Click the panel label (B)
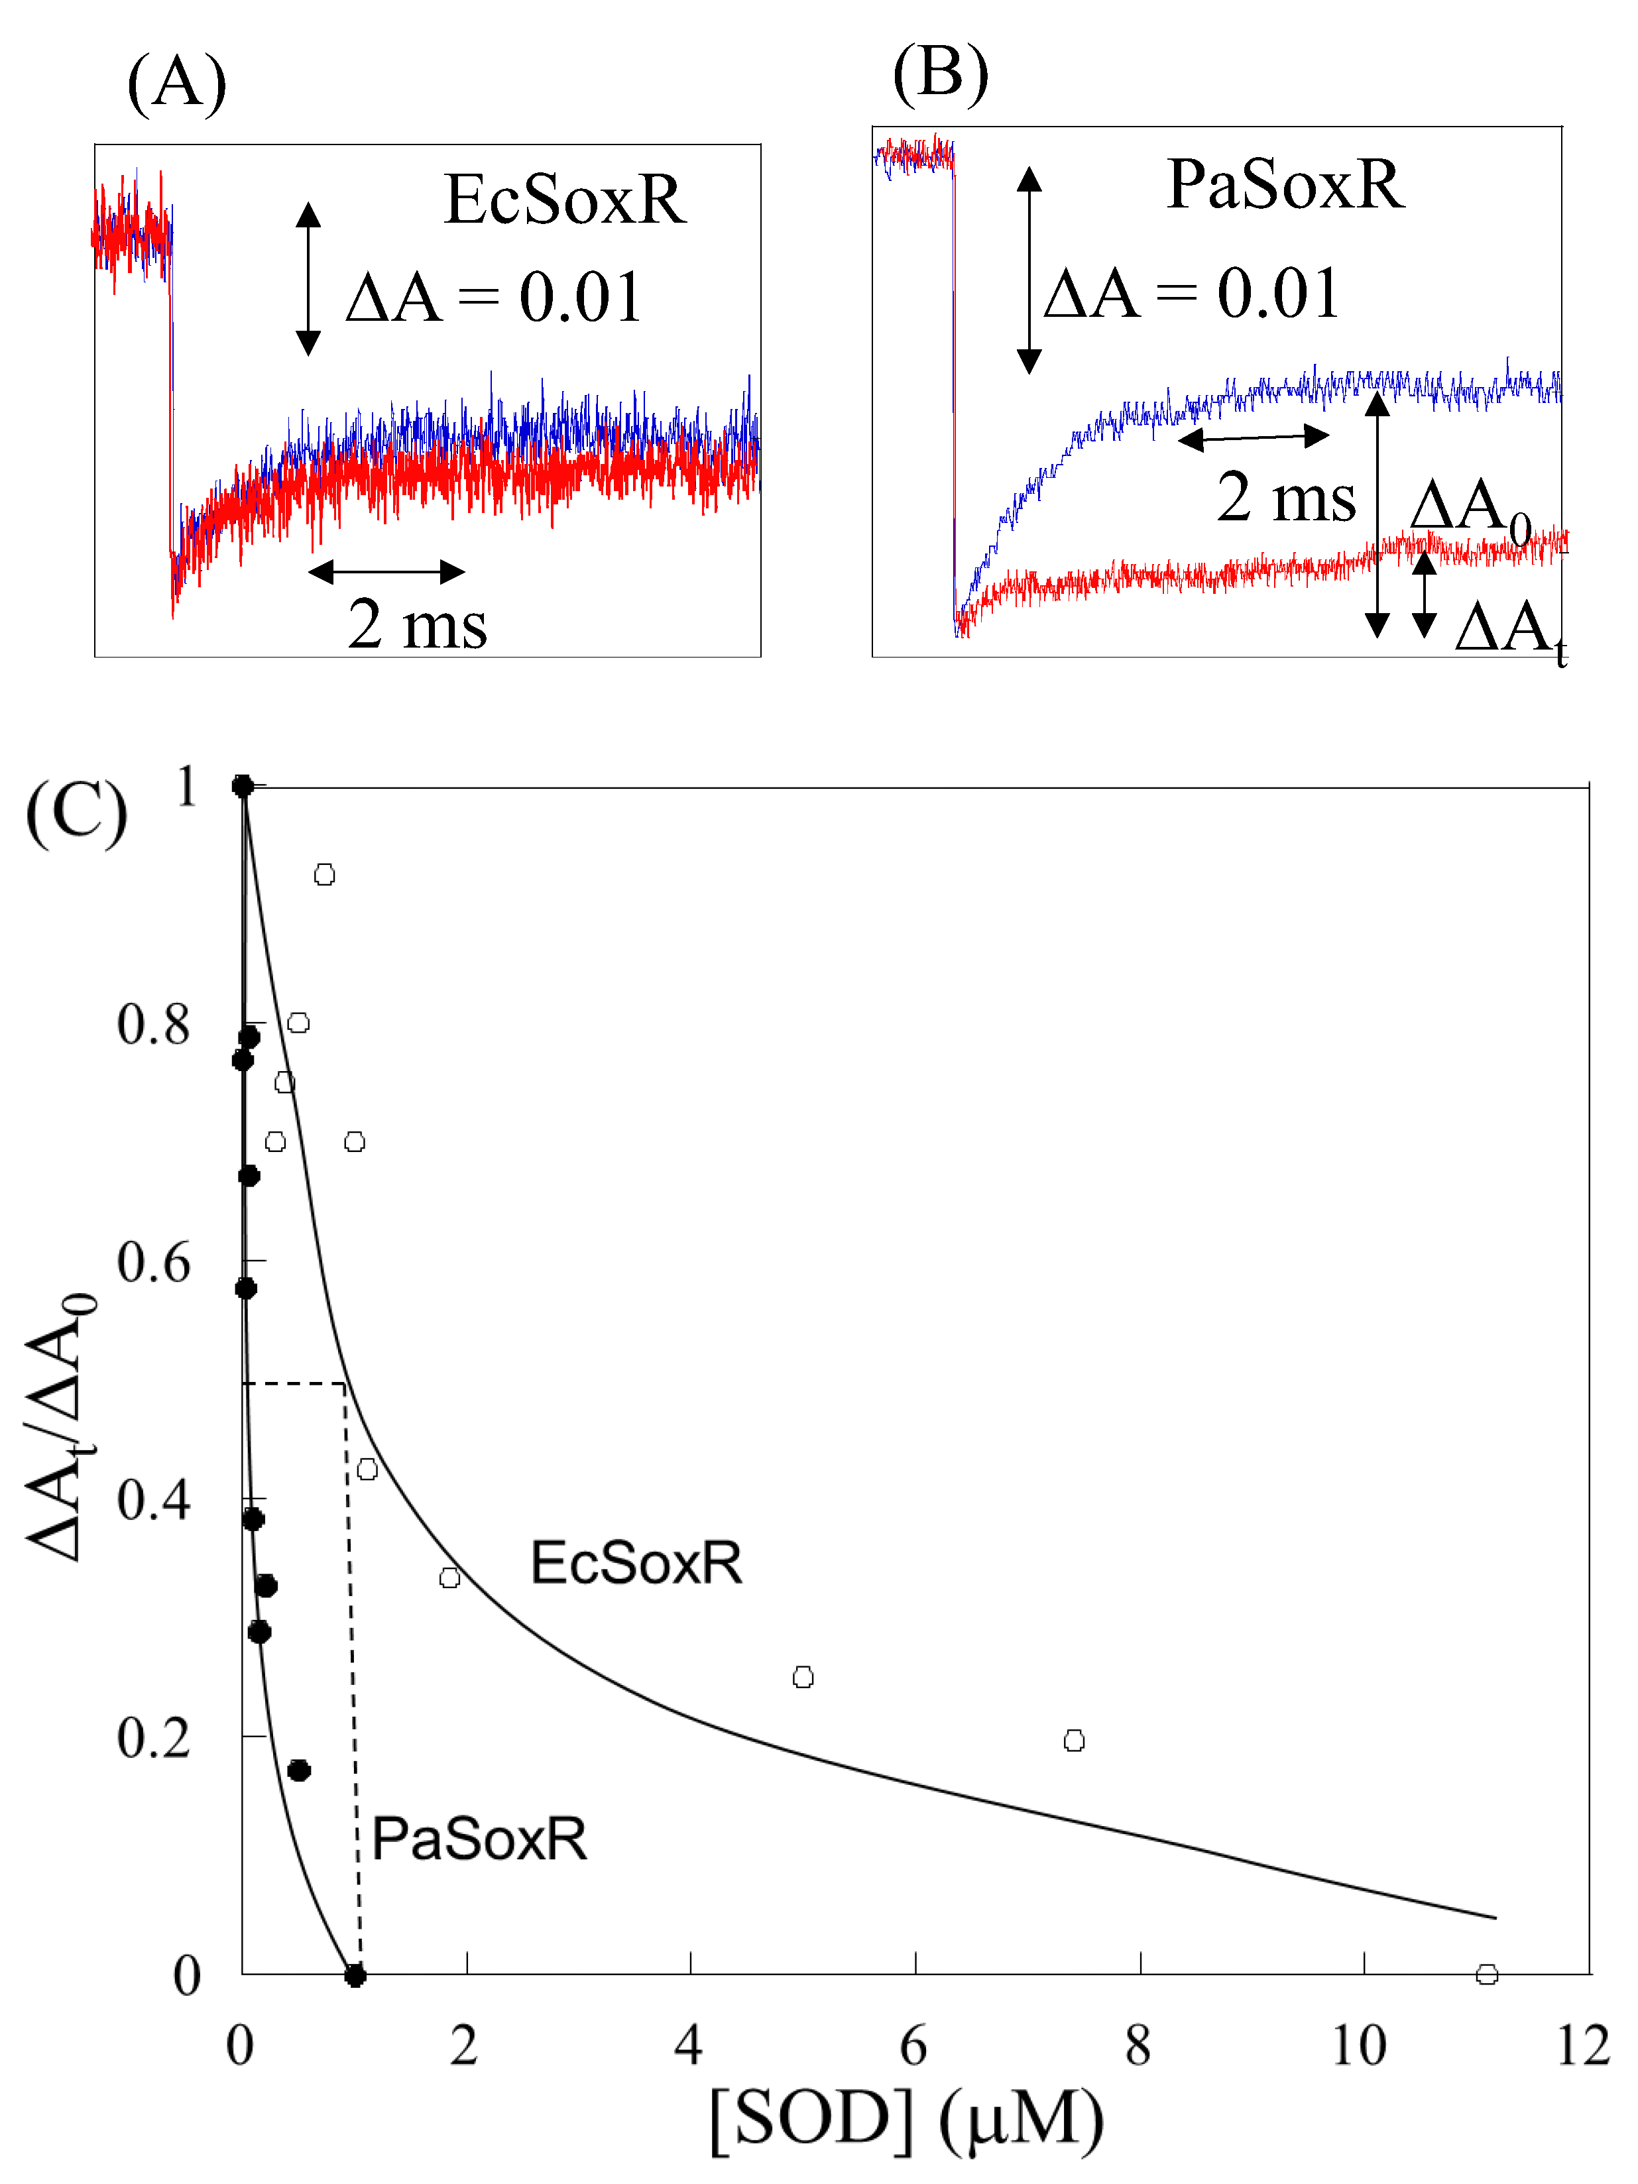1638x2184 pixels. point(940,74)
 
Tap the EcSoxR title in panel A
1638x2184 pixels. point(565,200)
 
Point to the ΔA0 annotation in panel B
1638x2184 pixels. point(1469,510)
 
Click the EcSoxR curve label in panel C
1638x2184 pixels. point(636,1564)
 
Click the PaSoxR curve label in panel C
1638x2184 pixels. point(479,1839)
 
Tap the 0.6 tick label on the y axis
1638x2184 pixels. point(153,1263)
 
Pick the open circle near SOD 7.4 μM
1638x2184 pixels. point(1075,1741)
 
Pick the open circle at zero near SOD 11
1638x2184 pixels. point(1487,1975)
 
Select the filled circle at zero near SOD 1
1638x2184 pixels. point(355,1976)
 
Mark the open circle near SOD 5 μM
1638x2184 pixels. point(803,1678)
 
